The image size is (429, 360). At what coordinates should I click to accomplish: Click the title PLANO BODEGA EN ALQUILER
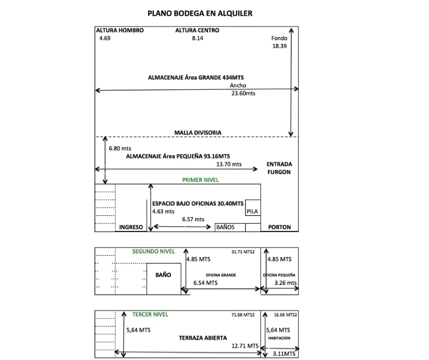coord(200,13)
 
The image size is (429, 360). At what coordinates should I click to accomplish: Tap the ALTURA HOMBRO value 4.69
coord(105,38)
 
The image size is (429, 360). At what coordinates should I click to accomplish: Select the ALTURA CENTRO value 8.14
coord(198,38)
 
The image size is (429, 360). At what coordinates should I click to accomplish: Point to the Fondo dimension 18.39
coord(279,46)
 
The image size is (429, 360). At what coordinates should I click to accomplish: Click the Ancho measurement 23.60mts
coord(243,93)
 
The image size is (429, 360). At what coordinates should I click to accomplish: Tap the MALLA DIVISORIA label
coord(198,132)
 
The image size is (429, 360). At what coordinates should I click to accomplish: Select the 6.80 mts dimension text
coord(120,148)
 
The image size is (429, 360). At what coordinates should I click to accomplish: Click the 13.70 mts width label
coord(229,164)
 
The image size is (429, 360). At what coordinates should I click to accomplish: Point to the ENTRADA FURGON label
coord(279,168)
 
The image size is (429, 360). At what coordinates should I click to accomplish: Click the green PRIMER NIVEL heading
coord(200,180)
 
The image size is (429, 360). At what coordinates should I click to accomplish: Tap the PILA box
coord(253,208)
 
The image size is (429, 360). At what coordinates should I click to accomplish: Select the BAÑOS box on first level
coord(230,228)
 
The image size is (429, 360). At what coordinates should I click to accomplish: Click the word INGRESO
coord(131,227)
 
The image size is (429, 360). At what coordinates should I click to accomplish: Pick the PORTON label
coord(279,227)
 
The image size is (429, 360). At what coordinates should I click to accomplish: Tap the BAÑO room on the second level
coord(163,279)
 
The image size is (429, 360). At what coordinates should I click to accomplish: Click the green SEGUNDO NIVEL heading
coord(153,252)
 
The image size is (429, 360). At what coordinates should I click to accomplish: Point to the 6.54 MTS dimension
coord(205,283)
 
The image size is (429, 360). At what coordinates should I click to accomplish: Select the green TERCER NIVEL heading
coord(150,314)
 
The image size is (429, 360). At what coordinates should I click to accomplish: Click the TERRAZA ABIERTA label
coord(203,338)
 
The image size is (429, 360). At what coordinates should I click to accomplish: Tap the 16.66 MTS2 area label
coord(285,315)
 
